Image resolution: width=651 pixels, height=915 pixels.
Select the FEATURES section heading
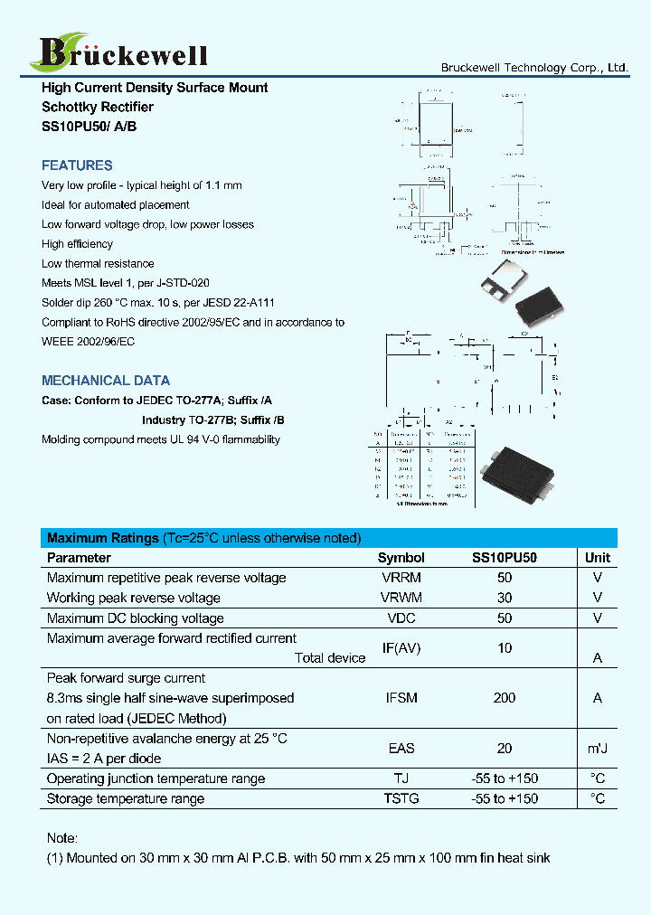coord(77,165)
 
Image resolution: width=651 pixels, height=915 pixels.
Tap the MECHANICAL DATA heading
coord(106,381)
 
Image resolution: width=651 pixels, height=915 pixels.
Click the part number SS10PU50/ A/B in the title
coord(90,127)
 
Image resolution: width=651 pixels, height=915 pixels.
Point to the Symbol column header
coord(401,558)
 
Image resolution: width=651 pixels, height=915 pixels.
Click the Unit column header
coord(597,558)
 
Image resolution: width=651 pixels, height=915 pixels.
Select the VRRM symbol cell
coord(401,578)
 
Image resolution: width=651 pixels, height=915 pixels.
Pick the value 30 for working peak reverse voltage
coord(505,598)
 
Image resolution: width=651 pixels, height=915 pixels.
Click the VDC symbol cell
coord(401,618)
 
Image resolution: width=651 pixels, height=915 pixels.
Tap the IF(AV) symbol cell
coord(401,647)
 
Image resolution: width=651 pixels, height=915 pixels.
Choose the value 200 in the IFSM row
coord(505,698)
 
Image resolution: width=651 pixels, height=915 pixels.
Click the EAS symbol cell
coord(401,749)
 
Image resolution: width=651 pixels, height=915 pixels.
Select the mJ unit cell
coord(597,749)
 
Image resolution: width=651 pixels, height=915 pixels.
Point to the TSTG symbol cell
coord(401,798)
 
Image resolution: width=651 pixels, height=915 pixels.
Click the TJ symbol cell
coord(401,778)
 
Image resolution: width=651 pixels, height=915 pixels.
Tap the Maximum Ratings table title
coord(203,538)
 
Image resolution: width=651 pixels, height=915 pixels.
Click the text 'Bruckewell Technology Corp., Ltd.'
coord(534,68)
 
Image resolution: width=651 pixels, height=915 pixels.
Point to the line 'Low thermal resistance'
coord(97,264)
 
